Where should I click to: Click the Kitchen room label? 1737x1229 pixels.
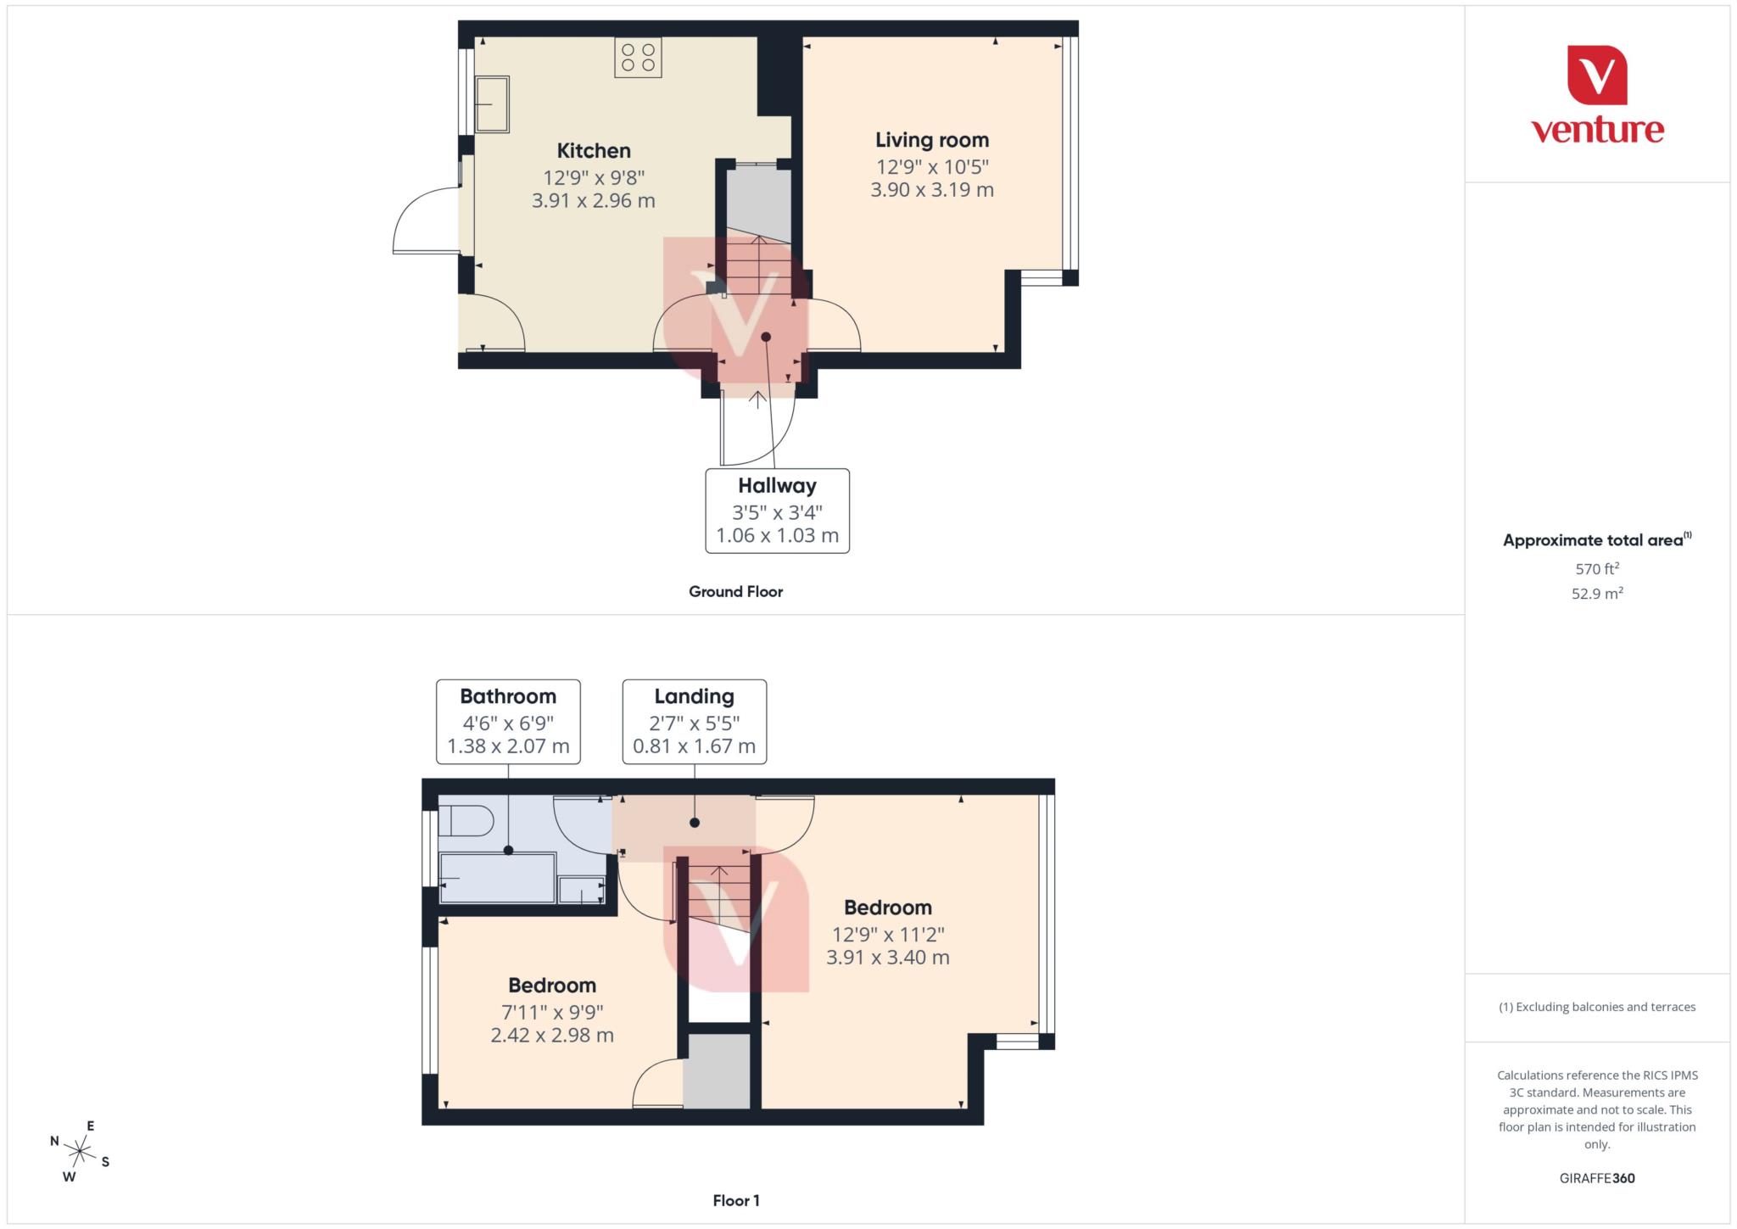click(x=594, y=151)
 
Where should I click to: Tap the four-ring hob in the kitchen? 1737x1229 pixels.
click(x=638, y=57)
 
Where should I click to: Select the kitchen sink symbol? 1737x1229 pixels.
click(x=492, y=104)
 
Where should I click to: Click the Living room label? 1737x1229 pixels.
click(x=932, y=140)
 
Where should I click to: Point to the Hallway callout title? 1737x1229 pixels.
click(x=777, y=486)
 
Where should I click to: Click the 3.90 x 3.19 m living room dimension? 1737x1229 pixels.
click(x=932, y=189)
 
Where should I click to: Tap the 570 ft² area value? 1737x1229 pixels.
click(x=1597, y=568)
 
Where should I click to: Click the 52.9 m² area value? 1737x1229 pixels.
click(x=1597, y=593)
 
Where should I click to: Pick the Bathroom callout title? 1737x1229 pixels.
click(x=508, y=696)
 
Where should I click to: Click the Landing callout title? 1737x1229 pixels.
click(x=694, y=696)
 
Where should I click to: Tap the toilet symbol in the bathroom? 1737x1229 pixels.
click(x=467, y=821)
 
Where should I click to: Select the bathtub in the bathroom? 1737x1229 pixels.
click(x=497, y=878)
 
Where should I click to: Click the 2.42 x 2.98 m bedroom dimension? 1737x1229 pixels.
click(x=552, y=1035)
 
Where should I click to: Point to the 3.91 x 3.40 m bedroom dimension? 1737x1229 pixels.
click(x=888, y=957)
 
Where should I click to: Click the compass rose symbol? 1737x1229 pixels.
click(x=80, y=1151)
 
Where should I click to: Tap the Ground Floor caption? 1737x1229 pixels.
click(x=735, y=592)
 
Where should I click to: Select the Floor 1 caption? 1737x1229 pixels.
click(x=735, y=1200)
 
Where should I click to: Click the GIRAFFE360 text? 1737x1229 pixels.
click(x=1597, y=1178)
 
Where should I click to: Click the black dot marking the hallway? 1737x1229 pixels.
click(x=766, y=337)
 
